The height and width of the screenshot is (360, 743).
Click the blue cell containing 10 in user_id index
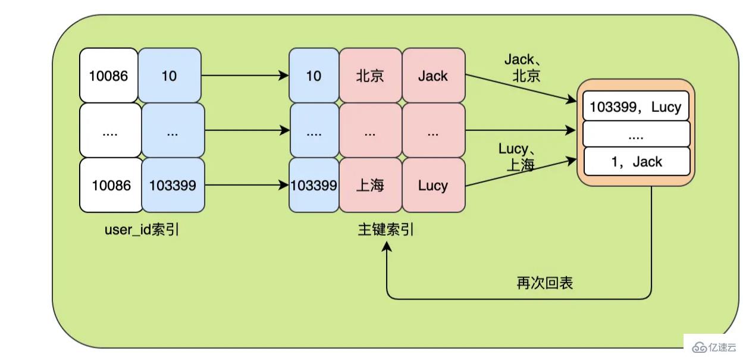pos(170,76)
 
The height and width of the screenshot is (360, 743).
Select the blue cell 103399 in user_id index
pos(173,185)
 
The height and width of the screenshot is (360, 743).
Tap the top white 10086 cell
pos(108,76)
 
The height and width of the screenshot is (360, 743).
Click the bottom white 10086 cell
pos(111,185)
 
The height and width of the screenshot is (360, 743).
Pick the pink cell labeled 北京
pos(370,76)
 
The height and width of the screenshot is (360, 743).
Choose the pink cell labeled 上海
pos(370,185)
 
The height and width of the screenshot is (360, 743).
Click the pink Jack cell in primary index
pos(432,76)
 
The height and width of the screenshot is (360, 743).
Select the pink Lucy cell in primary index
pos(432,185)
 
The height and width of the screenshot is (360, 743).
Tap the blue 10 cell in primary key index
pos(313,76)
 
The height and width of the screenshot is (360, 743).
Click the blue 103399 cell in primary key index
pos(313,185)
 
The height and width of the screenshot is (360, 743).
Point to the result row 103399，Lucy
pos(635,107)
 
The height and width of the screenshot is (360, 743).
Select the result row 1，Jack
pos(635,161)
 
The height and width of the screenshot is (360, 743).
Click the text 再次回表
pos(544,283)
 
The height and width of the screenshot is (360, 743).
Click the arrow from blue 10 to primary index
pos(244,76)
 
